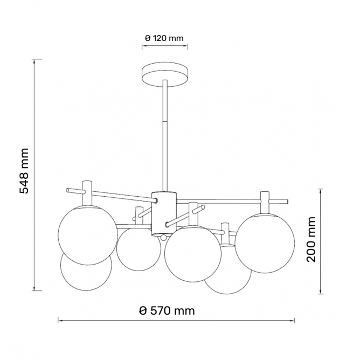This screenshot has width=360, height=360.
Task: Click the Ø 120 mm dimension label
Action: (164, 38)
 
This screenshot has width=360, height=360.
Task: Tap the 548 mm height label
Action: (24, 171)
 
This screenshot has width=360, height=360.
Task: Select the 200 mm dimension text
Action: (311, 239)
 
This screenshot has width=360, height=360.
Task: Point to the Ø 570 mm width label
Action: (167, 310)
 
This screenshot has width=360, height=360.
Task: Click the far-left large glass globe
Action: (87, 235)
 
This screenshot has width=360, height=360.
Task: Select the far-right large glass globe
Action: (265, 243)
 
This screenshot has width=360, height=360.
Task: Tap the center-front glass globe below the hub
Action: (192, 254)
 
